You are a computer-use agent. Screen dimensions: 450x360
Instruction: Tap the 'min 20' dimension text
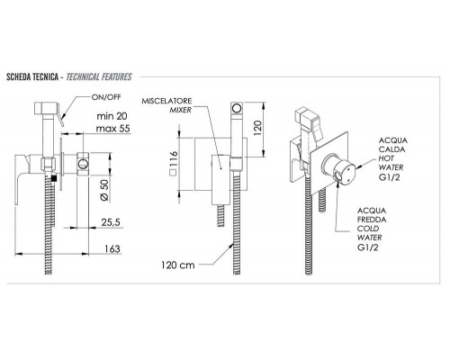pyautogui.click(x=112, y=116)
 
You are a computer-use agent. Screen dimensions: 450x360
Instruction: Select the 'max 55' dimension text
pyautogui.click(x=113, y=129)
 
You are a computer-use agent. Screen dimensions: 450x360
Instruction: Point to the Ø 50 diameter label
pyautogui.click(x=105, y=190)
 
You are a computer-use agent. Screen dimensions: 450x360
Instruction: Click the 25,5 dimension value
pyautogui.click(x=111, y=222)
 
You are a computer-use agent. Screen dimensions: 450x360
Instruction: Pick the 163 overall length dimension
pyautogui.click(x=112, y=249)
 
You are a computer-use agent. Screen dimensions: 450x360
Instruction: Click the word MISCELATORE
pyautogui.click(x=166, y=101)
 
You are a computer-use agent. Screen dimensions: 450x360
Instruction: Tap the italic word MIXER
pyautogui.click(x=181, y=110)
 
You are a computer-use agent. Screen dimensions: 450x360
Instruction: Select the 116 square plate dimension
pyautogui.click(x=173, y=163)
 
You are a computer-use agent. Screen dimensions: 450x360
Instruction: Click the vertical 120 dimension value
pyautogui.click(x=257, y=128)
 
